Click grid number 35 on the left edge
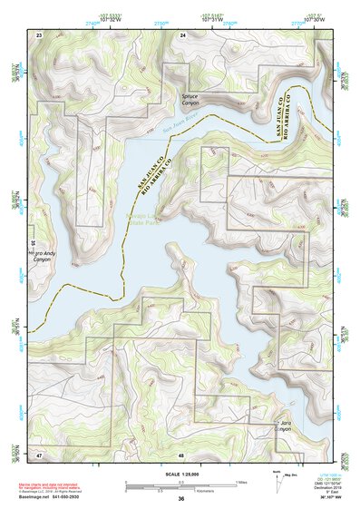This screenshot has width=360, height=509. coord(32,243)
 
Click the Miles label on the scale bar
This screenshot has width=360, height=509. coord(239,482)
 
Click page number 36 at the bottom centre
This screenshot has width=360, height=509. coord(181,500)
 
